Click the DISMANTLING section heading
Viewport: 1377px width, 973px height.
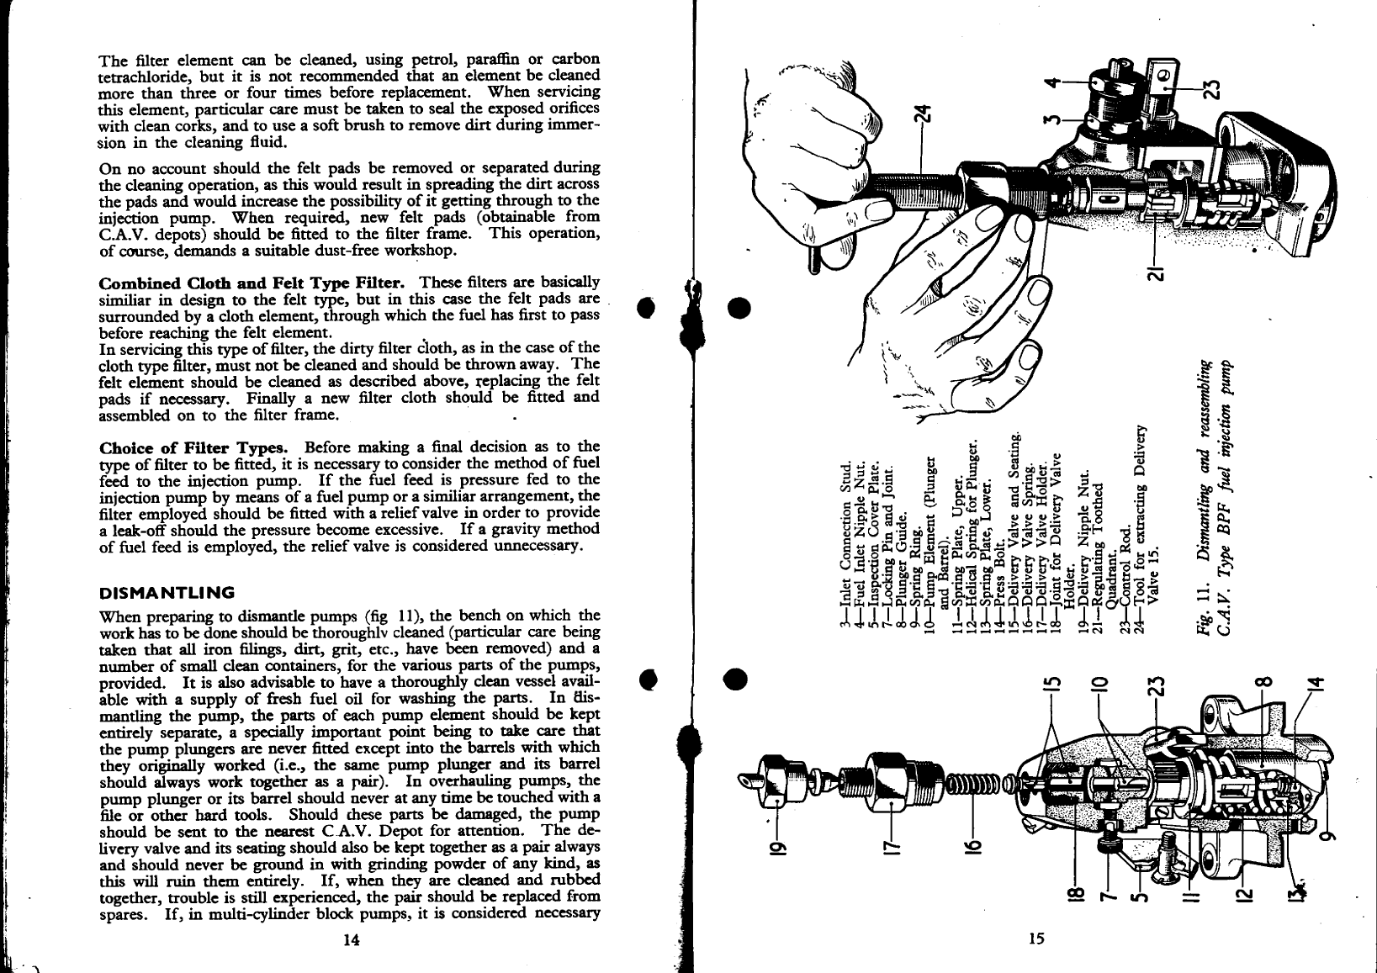[x=166, y=592]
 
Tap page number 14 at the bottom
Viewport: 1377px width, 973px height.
[x=351, y=940]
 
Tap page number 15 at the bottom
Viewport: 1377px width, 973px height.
[x=1035, y=940]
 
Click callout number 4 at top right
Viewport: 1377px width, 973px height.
[x=1049, y=82]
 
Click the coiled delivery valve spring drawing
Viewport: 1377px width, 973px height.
[x=976, y=784]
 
